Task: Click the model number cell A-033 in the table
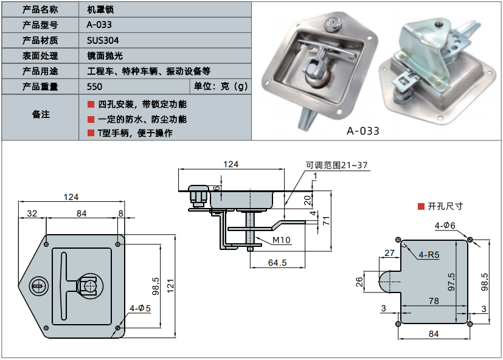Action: [99, 25]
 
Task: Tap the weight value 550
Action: [95, 86]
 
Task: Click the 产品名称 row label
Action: [40, 10]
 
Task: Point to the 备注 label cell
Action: [40, 115]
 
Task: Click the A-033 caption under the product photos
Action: [363, 130]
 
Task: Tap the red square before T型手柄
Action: [91, 133]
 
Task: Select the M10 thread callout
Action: [281, 240]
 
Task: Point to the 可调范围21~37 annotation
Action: [336, 165]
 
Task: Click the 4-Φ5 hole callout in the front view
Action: [139, 308]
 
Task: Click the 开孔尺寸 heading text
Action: [445, 206]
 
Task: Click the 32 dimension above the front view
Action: [32, 213]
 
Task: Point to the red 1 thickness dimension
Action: [315, 176]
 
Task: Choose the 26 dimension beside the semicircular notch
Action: [358, 282]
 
